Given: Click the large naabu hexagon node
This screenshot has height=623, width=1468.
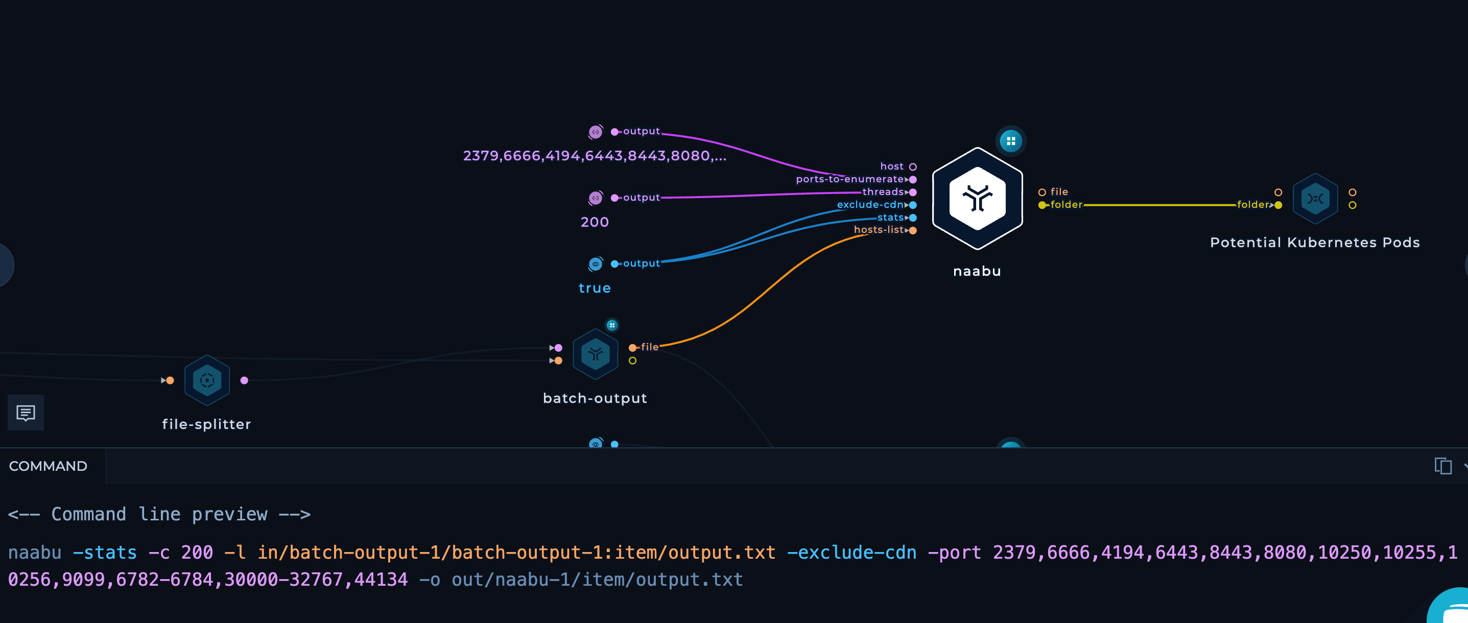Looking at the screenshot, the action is point(977,198).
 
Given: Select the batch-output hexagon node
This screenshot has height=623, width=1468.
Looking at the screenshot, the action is point(596,354).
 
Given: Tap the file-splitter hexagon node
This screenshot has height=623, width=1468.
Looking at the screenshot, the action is point(207,380).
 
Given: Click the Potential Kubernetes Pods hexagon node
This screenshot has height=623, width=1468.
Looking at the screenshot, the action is point(1315,198).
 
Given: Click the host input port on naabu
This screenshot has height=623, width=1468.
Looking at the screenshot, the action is point(913,167).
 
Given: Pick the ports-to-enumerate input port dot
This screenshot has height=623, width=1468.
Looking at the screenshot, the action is point(913,179).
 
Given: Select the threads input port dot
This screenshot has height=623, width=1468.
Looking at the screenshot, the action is point(913,193).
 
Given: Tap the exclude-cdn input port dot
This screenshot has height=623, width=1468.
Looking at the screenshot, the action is point(913,205).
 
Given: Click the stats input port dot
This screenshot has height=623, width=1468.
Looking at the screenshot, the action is point(913,218).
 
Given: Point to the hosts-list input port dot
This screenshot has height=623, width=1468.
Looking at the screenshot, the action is point(913,230).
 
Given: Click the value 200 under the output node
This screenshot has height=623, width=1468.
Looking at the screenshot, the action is point(595,222).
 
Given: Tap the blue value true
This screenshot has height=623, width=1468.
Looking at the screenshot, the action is point(595,288).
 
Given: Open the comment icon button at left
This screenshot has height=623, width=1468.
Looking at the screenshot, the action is point(26,412).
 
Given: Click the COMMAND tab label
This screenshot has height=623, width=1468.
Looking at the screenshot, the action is point(48,466).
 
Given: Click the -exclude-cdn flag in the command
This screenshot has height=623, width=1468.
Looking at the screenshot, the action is point(851,553).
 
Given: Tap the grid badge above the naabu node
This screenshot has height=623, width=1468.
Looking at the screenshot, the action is point(1010,140).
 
